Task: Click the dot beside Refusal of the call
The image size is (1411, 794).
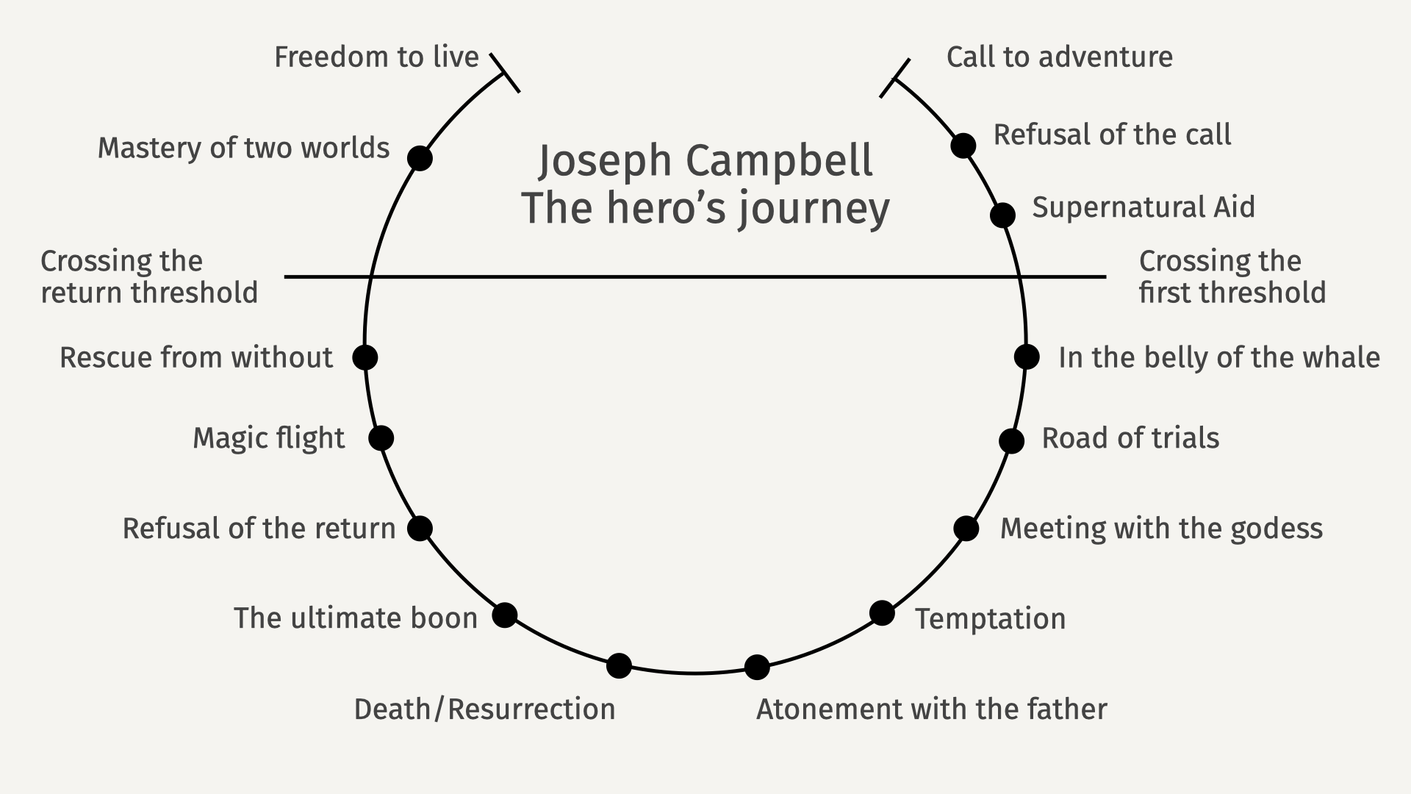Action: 963,146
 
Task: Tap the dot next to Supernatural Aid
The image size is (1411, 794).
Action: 1002,215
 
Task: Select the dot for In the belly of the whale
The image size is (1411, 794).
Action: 1027,357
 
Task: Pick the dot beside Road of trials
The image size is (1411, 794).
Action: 1011,441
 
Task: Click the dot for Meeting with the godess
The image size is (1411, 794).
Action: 966,528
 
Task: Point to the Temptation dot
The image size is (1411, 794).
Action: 882,612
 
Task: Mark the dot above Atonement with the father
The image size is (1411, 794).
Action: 757,667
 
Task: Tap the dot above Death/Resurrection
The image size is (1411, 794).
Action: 619,666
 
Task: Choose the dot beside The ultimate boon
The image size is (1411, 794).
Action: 504,615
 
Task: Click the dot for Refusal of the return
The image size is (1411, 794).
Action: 420,528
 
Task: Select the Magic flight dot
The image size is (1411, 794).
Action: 381,438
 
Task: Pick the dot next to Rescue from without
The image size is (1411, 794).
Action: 365,357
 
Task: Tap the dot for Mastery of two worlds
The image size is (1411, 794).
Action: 420,158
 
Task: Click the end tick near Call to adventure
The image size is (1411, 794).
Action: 895,78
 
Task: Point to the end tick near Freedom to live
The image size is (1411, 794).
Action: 505,73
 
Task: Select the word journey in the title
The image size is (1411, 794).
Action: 814,209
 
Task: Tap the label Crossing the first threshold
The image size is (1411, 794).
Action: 1232,277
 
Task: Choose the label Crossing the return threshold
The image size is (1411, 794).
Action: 149,277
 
